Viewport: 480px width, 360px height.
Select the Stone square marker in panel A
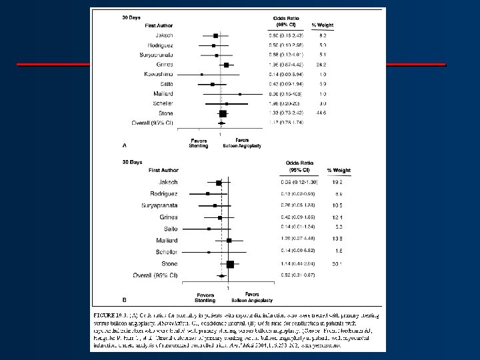(223, 113)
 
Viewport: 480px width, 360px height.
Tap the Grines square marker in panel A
(226, 65)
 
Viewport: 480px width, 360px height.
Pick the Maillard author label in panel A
(163, 94)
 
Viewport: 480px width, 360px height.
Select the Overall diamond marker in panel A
(221, 123)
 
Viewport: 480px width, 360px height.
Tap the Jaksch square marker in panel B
(218, 182)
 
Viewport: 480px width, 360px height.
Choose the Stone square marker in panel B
(230, 264)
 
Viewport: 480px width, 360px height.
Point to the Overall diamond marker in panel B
(219, 275)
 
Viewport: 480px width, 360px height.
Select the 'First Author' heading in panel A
(160, 25)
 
